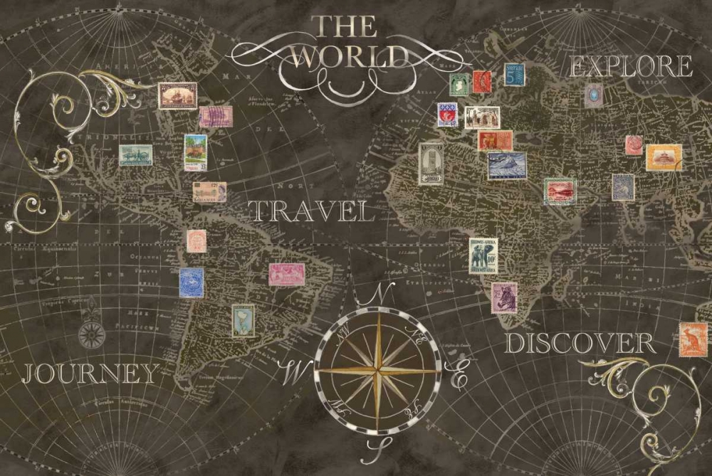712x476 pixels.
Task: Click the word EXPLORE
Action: (631, 67)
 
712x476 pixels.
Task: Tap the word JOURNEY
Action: (90, 373)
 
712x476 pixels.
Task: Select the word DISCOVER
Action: (580, 344)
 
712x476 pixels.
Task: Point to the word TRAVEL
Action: (312, 211)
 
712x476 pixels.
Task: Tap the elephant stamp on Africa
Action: (483, 255)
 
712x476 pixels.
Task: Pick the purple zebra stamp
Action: (504, 297)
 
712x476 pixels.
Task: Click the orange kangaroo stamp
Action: (693, 339)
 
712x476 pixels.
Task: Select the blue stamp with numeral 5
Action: (515, 75)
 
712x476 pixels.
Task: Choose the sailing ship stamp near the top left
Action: (177, 95)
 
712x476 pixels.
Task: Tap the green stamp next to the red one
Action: (459, 84)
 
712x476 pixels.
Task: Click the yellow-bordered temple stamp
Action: (664, 157)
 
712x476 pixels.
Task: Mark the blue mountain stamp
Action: (507, 166)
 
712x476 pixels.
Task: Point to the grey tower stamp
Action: (431, 164)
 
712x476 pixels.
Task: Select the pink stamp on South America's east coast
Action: (286, 274)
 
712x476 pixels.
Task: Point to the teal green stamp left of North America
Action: (135, 155)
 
